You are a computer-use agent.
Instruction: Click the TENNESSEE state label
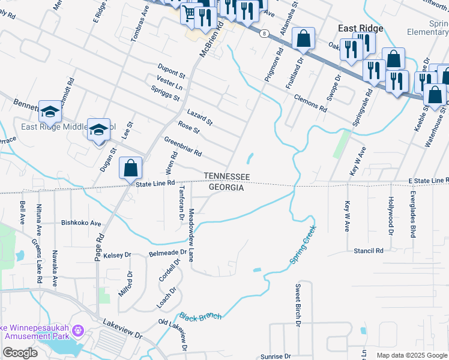pyautogui.click(x=226, y=176)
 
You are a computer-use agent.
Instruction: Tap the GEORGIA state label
pyautogui.click(x=226, y=188)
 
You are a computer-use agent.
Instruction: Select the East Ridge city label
pyautogui.click(x=360, y=28)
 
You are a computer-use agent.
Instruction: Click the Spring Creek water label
pyautogui.click(x=303, y=245)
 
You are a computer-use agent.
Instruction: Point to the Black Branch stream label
pyautogui.click(x=200, y=316)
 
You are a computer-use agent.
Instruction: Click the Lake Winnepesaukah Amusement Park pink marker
pyautogui.click(x=80, y=331)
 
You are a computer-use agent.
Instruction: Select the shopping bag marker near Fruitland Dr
pyautogui.click(x=304, y=39)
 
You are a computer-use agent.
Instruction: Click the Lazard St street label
pyautogui.click(x=200, y=117)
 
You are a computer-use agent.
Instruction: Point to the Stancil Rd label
pyautogui.click(x=368, y=251)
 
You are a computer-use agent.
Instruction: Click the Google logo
pyautogui.click(x=20, y=352)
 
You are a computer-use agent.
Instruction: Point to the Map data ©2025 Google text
pyautogui.click(x=411, y=355)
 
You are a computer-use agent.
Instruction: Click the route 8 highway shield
pyautogui.click(x=264, y=34)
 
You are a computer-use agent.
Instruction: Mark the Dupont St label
pyautogui.click(x=171, y=70)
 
